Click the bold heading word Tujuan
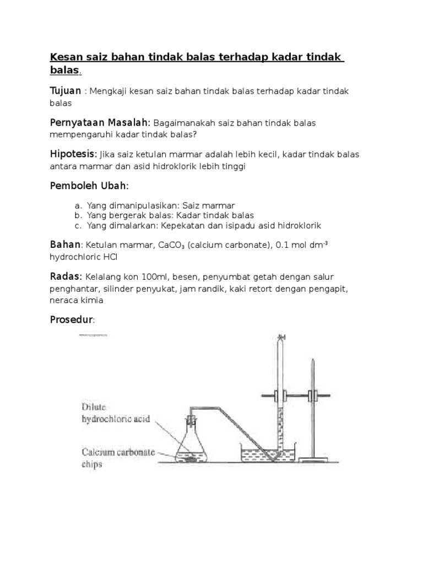[66, 90]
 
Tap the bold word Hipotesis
[73, 154]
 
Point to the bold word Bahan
[65, 244]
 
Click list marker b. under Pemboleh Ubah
[78, 215]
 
